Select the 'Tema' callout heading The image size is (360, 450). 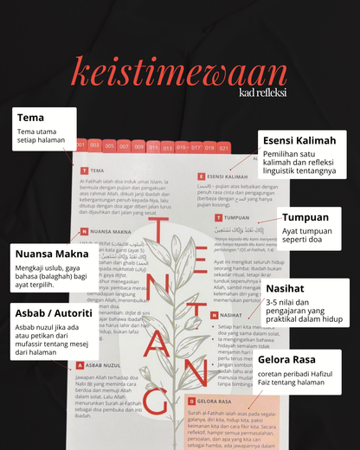(30, 118)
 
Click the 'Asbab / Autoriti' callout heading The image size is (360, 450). (55, 312)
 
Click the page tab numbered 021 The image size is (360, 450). (224, 148)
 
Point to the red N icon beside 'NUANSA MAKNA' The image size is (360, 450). (84, 232)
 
